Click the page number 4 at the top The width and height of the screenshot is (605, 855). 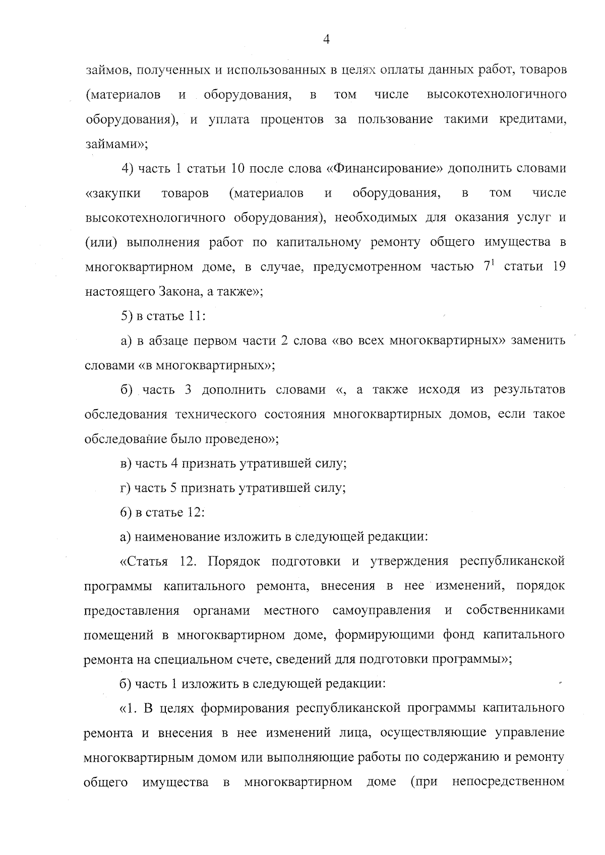click(326, 40)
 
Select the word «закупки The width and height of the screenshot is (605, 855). click(113, 193)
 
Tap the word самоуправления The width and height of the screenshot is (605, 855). click(382, 611)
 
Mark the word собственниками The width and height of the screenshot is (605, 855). click(515, 611)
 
